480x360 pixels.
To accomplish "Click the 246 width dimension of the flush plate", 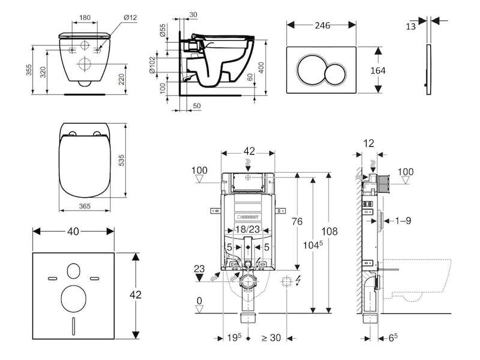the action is (x=322, y=25).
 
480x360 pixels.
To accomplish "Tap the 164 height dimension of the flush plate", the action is (x=378, y=70).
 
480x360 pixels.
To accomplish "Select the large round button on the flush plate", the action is (x=311, y=70).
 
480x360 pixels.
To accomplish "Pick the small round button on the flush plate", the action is (x=336, y=74).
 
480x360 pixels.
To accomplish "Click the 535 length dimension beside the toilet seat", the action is (x=122, y=160).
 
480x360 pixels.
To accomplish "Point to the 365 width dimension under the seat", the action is (x=85, y=206).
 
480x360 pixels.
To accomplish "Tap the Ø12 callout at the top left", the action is (x=130, y=17).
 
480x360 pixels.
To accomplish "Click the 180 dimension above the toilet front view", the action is (x=85, y=17).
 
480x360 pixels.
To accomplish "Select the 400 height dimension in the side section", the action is (x=261, y=67).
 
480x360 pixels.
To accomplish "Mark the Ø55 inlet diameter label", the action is (x=163, y=31).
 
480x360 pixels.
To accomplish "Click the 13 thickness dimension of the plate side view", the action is (x=411, y=26).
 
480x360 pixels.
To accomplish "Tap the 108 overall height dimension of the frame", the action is (x=329, y=231).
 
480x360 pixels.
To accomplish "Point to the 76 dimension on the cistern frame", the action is (x=297, y=221).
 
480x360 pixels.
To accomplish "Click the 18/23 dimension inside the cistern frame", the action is (x=247, y=229).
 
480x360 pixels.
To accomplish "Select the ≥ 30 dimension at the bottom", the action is (x=271, y=337).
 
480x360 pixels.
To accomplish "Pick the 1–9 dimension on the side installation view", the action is (x=403, y=220).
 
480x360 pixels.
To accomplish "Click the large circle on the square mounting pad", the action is (x=73, y=299).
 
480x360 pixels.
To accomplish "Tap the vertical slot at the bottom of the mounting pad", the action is (x=73, y=326).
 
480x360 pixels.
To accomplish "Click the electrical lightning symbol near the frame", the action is (x=298, y=280).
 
